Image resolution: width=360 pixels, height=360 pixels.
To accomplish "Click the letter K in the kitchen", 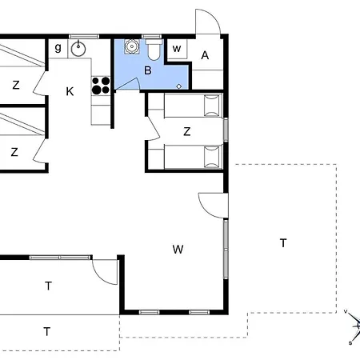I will coord(70,91).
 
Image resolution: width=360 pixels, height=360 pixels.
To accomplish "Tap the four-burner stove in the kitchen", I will coord(101,85).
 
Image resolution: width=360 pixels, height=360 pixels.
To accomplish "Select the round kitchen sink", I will coord(78,49).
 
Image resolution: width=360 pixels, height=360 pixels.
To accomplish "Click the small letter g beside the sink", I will coord(58,48).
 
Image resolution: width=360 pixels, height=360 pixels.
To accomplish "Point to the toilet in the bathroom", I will coord(154,50).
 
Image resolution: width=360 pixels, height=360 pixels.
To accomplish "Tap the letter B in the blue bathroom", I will coord(147,70).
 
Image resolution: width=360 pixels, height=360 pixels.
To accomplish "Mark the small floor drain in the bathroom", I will coord(179,85).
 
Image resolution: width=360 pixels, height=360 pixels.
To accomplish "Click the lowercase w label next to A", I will coord(177,50).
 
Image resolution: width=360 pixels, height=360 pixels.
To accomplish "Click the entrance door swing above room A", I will coord(206,22).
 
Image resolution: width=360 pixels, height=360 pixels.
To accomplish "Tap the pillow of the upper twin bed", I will coord(211,106).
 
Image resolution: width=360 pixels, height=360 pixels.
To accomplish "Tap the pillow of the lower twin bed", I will coord(211,158).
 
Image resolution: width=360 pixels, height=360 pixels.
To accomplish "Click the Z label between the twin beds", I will coord(186,131).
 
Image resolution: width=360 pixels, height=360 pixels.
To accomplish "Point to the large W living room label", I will coord(178,249).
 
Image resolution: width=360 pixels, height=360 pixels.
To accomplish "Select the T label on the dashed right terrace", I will coord(283,242).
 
